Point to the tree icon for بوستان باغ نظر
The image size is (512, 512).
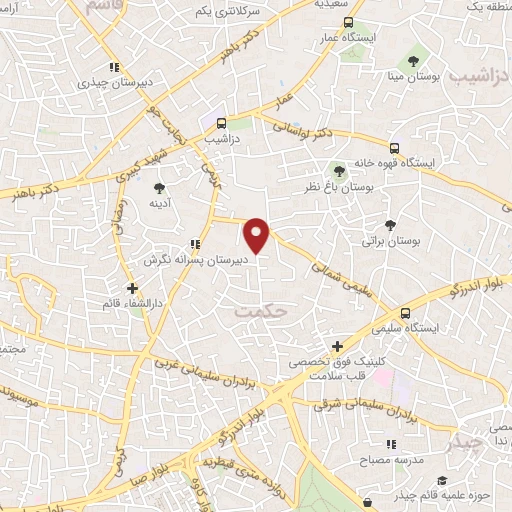pyautogui.click(x=339, y=170)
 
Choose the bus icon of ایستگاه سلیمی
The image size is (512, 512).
pyautogui.click(x=404, y=312)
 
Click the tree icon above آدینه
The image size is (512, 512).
pyautogui.click(x=158, y=187)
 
